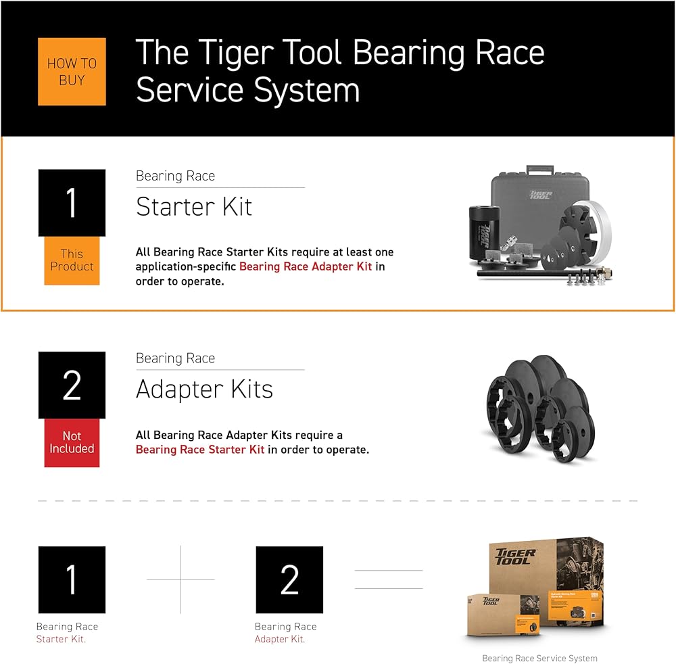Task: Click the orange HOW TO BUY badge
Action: click(x=72, y=72)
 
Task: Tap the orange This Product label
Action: click(x=72, y=260)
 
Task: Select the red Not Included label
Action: click(x=72, y=442)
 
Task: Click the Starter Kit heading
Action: click(x=194, y=207)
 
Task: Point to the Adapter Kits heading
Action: click(x=204, y=389)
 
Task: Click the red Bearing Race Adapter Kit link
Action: click(x=306, y=266)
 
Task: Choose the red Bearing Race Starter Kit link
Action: click(x=200, y=450)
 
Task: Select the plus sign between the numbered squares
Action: click(x=180, y=579)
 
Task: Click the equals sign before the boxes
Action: click(x=389, y=579)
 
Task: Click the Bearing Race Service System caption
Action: click(x=539, y=658)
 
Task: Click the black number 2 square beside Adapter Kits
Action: click(x=72, y=385)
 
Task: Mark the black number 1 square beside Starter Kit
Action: click(x=72, y=203)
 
